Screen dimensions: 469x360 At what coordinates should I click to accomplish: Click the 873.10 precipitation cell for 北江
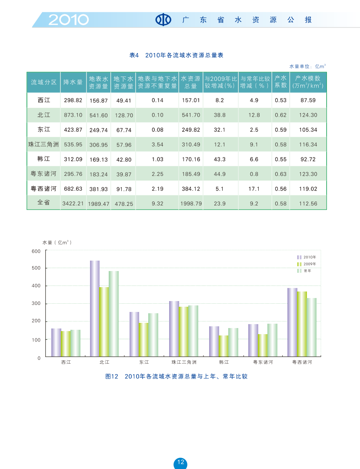click(73, 115)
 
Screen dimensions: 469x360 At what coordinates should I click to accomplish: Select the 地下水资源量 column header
click(123, 82)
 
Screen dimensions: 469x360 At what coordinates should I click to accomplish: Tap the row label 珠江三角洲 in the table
click(43, 144)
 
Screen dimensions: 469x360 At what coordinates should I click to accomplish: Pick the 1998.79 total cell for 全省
click(191, 203)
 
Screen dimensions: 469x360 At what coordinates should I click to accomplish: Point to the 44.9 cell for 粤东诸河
click(220, 174)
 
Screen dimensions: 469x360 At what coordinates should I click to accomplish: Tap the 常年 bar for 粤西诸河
click(311, 327)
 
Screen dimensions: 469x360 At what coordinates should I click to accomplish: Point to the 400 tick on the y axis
click(37, 286)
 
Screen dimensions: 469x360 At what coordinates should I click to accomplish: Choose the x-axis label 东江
click(144, 362)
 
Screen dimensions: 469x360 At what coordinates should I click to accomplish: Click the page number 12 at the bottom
click(180, 462)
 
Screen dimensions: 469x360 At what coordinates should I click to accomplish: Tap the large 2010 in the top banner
click(68, 20)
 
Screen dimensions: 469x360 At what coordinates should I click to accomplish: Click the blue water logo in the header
click(163, 20)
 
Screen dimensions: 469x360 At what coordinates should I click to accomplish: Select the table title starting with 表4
click(177, 55)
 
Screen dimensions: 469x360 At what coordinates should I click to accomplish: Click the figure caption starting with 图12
click(177, 376)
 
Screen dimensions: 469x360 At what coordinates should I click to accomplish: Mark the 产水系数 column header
click(281, 82)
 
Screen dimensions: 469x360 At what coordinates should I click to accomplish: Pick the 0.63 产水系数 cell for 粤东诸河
click(281, 174)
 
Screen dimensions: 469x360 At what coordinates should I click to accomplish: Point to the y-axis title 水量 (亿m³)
click(57, 242)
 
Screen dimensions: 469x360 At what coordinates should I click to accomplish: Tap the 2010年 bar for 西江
click(56, 342)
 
